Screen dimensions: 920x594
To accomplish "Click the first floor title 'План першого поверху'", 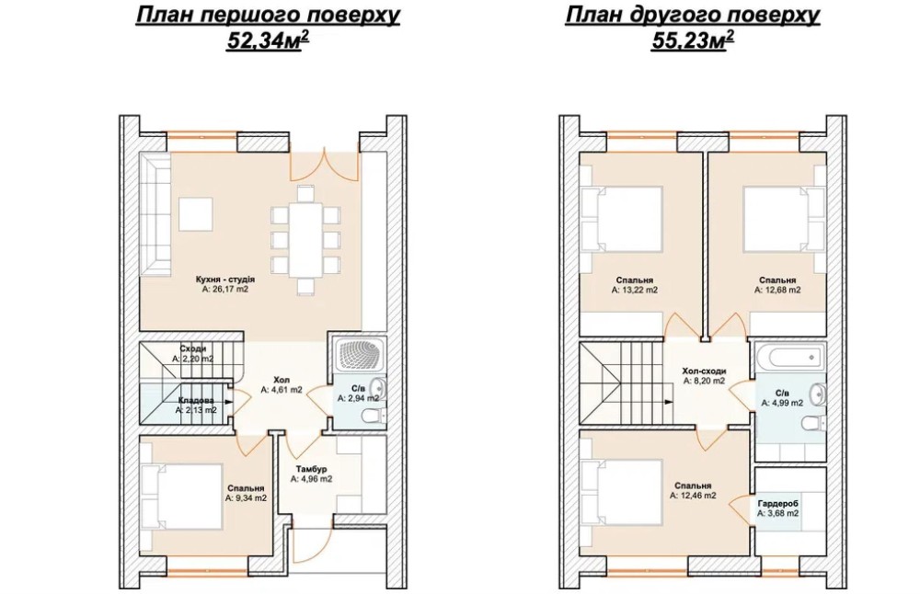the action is tap(268, 16).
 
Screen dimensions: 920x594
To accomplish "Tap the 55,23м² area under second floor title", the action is tap(693, 40).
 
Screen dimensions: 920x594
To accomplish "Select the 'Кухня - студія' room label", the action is tap(225, 280).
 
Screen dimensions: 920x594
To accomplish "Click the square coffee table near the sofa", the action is tap(195, 214).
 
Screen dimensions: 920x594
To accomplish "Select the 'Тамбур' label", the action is tap(311, 469).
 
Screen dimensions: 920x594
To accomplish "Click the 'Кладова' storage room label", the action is tap(196, 401).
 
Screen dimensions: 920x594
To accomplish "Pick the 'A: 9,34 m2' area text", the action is tap(246, 497).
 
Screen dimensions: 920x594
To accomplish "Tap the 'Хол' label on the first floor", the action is tap(282, 380).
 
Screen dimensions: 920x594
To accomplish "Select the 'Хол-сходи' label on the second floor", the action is tap(704, 371).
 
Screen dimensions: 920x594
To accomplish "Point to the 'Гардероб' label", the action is tap(777, 504).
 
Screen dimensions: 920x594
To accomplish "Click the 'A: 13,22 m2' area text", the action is tap(634, 290).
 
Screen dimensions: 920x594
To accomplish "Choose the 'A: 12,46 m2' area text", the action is tap(693, 496).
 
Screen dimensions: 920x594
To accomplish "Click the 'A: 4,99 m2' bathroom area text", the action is tap(782, 403).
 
